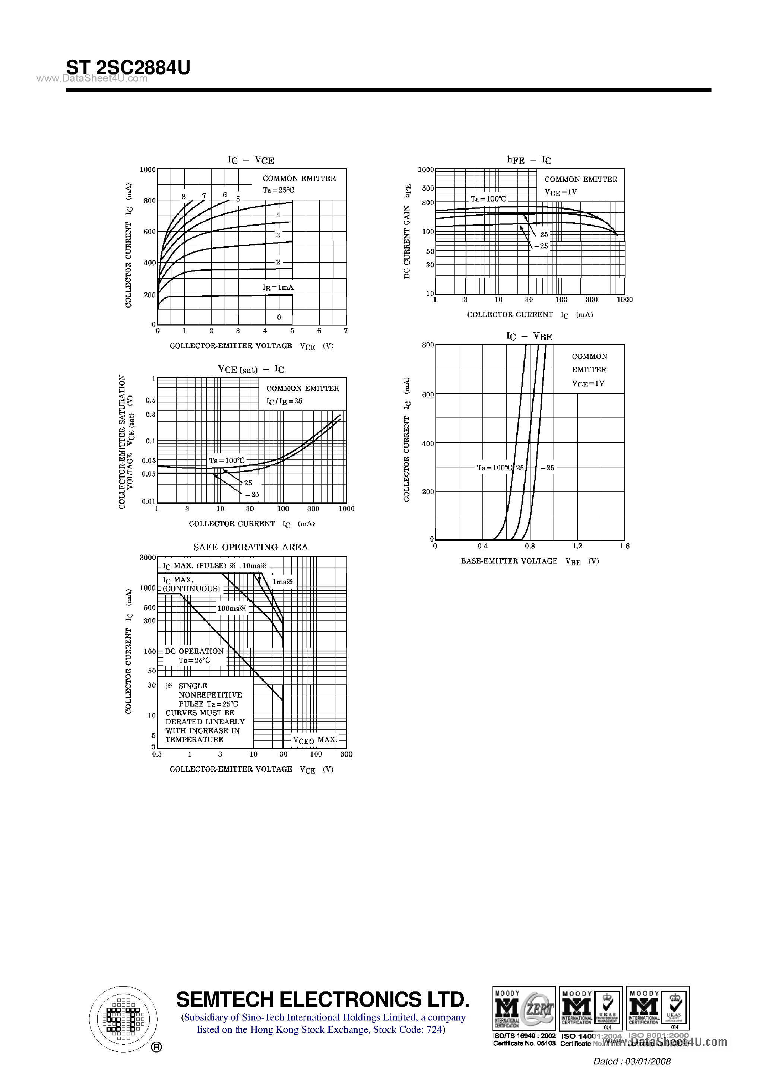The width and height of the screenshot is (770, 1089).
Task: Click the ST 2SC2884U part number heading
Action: point(128,68)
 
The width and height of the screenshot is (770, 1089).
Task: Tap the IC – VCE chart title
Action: point(251,160)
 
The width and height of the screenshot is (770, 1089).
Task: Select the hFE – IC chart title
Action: point(529,160)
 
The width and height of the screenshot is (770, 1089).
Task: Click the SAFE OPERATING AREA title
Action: point(250,547)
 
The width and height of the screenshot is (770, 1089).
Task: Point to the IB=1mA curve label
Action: point(278,288)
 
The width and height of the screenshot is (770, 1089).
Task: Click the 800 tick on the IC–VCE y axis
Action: point(149,201)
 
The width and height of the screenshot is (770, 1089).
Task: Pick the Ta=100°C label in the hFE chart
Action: point(488,199)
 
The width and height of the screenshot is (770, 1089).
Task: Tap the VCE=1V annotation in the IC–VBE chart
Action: point(588,383)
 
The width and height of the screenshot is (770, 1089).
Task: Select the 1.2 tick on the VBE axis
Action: point(577,546)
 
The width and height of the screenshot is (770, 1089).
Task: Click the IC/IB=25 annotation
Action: point(284,401)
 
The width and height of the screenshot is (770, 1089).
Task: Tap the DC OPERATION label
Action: point(194,651)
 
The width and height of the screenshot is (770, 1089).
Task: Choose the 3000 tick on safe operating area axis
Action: point(148,557)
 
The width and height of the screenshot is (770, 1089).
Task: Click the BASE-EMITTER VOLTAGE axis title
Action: point(509,561)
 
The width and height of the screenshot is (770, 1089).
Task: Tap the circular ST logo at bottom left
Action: point(123,1019)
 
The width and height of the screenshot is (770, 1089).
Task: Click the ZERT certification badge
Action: point(524,1009)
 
